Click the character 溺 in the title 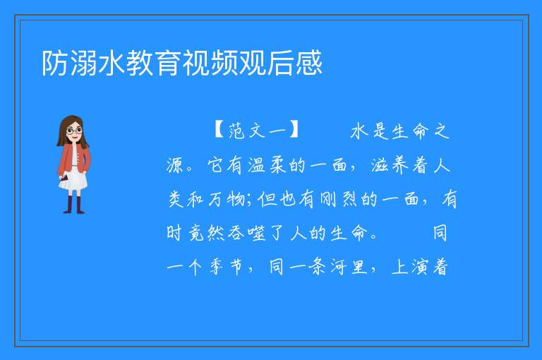pos(83,63)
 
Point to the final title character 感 pos(308,63)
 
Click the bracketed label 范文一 pos(256,131)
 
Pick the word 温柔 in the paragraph pos(267,164)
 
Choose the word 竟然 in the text pos(206,233)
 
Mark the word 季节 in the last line pos(226,267)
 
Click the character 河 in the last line pos(338,267)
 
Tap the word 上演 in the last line pos(409,267)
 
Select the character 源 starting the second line pos(175,164)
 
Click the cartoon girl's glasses pos(74,131)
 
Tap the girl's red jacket pos(73,159)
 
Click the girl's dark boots pos(73,205)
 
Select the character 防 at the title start pos(55,63)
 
